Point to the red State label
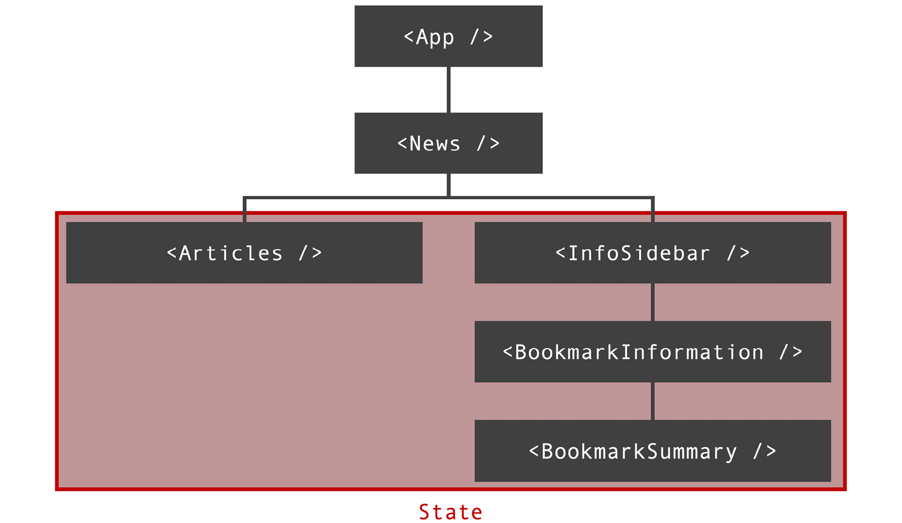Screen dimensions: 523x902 coord(450,512)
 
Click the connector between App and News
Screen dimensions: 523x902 coord(449,89)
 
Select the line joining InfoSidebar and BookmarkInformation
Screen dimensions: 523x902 coord(653,302)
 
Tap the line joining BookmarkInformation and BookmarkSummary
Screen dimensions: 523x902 coord(653,401)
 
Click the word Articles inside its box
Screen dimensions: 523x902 coord(231,253)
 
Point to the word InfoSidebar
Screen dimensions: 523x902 coord(639,253)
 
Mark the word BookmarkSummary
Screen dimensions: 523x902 coord(639,451)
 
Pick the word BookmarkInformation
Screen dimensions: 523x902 coord(639,352)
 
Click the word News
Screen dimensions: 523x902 coord(434,143)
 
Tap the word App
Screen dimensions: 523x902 coord(434,37)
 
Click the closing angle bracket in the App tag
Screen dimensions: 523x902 coord(488,36)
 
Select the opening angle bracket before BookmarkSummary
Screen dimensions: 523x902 coord(534,451)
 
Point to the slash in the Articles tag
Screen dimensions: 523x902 coord(303,252)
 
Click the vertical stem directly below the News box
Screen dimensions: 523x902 coord(449,185)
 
